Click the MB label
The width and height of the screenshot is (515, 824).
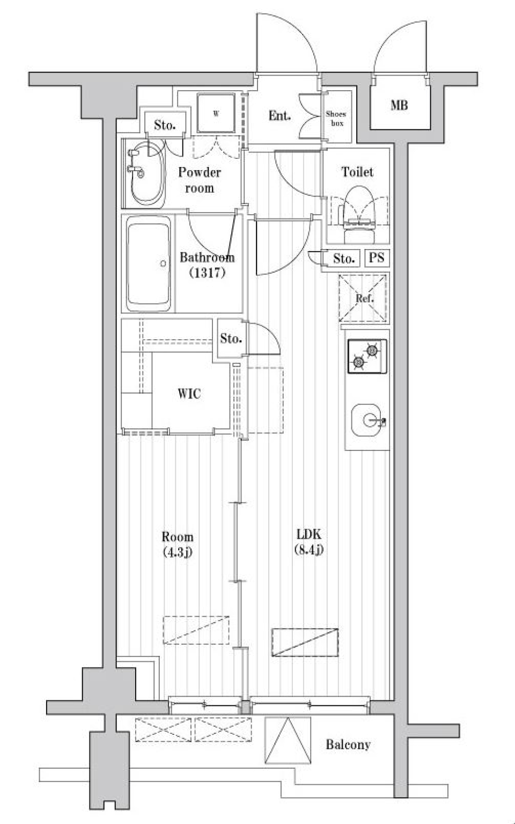pos(399,106)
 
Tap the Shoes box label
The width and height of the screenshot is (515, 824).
pos(336,119)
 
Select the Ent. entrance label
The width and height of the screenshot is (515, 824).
pos(279,116)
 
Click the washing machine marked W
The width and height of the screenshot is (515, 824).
pos(216,113)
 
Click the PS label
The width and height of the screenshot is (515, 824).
pos(377,258)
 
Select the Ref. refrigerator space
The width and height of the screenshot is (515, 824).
pos(363,298)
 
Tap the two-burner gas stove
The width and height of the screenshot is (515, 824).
pos(367,356)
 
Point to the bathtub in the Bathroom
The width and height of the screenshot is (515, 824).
pos(149,264)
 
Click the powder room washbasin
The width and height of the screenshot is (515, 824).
pos(146,173)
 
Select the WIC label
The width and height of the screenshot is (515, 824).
pos(189,393)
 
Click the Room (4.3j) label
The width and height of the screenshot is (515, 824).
pos(178,544)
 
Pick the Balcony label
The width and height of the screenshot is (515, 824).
pos(348,745)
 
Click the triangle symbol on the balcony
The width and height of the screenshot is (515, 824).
pos(288,740)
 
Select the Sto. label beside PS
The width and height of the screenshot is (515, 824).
pos(344,259)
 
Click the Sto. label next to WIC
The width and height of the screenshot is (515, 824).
pos(231,338)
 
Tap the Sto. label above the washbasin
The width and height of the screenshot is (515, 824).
pos(164,125)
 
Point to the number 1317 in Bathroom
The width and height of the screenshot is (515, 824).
pos(207,273)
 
